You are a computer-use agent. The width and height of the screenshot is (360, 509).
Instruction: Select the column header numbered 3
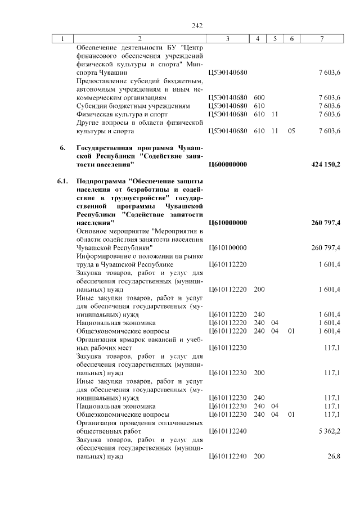(x=228, y=38)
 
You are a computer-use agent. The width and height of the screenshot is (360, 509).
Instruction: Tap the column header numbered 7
(x=321, y=38)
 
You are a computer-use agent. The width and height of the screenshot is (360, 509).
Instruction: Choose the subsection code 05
(x=291, y=131)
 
